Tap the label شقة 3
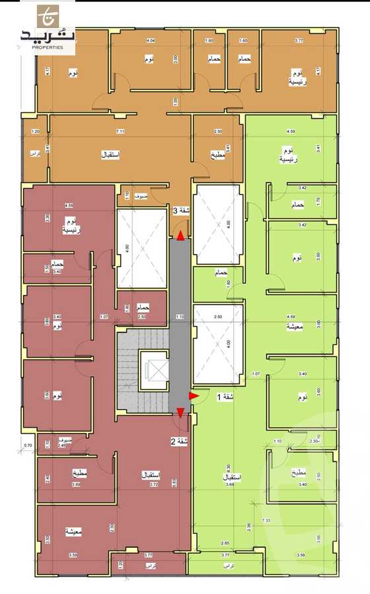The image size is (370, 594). (177, 211)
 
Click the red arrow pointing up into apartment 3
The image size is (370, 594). (181, 228)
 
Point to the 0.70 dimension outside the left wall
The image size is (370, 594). (28, 446)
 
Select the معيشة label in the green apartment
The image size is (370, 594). (294, 326)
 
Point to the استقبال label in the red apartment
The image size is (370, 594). (153, 475)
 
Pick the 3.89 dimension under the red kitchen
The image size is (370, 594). (75, 484)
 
